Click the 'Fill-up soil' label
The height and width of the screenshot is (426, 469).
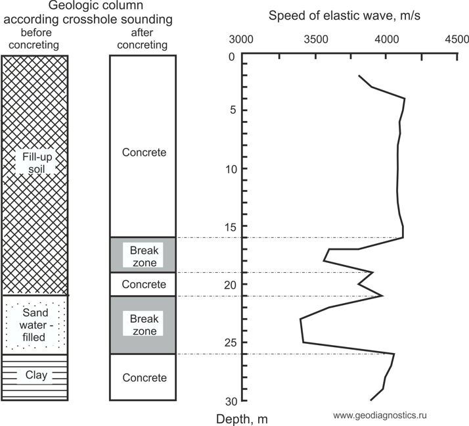tap(34, 164)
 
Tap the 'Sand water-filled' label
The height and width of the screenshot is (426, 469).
tap(34, 325)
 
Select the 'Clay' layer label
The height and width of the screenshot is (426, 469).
tap(35, 375)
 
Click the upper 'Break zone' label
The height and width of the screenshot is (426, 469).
tap(143, 256)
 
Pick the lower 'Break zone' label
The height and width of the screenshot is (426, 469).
tap(143, 325)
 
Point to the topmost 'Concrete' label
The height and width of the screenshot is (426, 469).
tap(144, 153)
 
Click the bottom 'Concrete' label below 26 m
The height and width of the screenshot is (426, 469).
tap(144, 378)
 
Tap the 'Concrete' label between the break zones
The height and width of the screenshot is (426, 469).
tap(144, 285)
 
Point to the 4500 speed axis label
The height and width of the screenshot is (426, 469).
tap(457, 39)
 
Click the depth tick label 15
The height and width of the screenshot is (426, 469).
tap(230, 227)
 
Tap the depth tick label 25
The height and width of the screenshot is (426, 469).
tap(230, 343)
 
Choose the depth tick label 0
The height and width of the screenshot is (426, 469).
tap(232, 57)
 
